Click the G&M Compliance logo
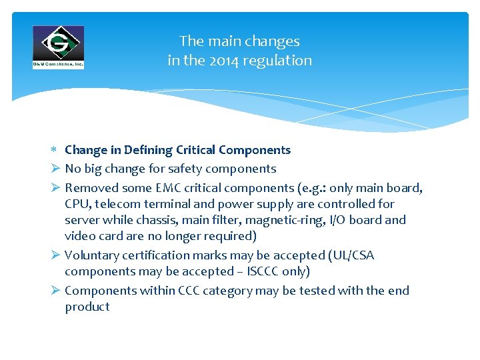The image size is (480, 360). (58, 47)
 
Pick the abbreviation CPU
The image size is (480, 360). (78, 204)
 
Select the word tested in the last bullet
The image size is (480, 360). (317, 291)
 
